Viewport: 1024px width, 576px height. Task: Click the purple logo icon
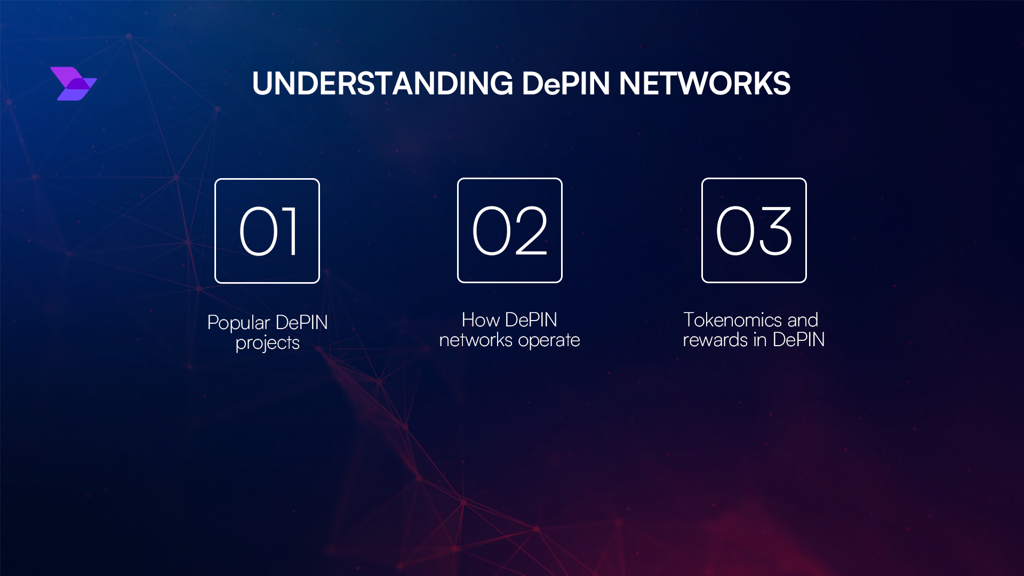click(x=74, y=84)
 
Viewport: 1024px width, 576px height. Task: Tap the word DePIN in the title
click(x=566, y=84)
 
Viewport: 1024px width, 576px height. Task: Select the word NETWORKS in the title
click(x=705, y=84)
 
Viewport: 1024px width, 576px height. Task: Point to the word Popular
click(x=239, y=323)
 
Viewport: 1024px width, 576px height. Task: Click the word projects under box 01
click(x=268, y=343)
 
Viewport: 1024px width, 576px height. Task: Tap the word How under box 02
click(x=481, y=320)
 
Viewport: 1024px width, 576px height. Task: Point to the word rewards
click(x=716, y=340)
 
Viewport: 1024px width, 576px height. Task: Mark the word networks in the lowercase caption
click(x=476, y=340)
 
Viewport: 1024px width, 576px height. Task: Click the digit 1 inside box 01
click(x=289, y=231)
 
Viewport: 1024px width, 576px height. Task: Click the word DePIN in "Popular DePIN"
click(x=301, y=323)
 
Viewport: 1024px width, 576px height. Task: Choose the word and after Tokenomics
click(x=803, y=320)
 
